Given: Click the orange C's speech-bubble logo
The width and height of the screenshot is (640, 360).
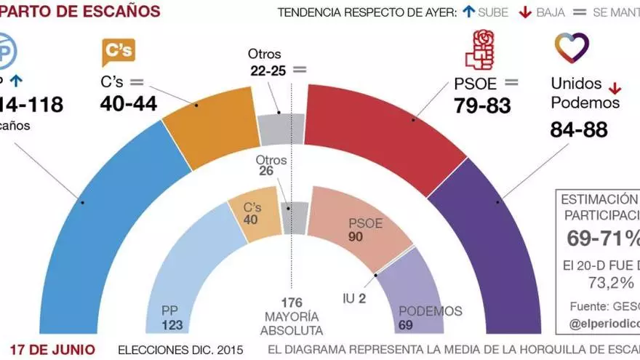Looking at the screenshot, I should tap(118, 52).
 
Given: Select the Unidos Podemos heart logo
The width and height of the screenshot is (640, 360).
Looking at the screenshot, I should tap(572, 48).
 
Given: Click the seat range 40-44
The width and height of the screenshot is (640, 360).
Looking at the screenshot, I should tap(128, 104).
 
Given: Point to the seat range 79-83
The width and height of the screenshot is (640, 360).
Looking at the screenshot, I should tap(482, 105).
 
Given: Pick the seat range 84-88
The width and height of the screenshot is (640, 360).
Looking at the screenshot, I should tap(579, 131).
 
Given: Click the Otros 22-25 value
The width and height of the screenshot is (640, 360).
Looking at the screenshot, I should tap(268, 71).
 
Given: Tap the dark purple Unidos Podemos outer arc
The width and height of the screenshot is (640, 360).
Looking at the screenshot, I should tap(495, 233).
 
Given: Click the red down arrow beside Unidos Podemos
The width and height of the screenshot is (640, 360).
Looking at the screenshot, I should tap(615, 89).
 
